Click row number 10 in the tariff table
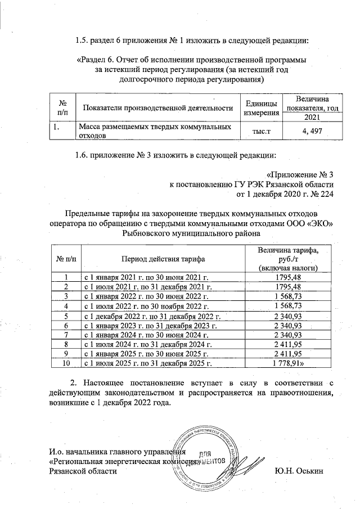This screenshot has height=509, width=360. [66, 363]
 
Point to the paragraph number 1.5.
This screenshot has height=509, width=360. [82, 40]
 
